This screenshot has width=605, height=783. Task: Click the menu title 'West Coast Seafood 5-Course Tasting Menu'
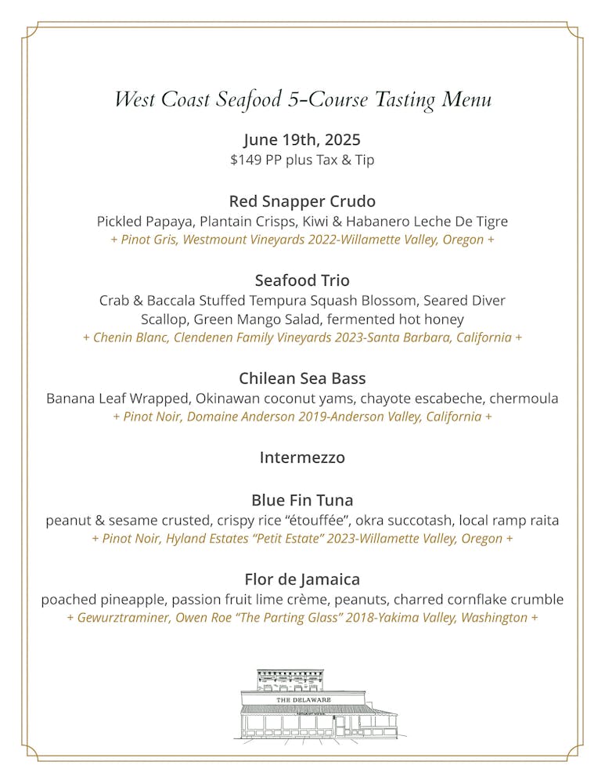coord(302,100)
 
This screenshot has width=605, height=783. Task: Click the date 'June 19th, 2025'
coord(302,140)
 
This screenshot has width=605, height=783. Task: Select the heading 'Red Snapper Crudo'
coord(302,201)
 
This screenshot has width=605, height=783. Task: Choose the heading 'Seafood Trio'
coord(302,280)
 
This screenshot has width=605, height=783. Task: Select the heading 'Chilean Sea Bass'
coord(302,379)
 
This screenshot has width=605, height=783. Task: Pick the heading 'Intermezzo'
coord(302,458)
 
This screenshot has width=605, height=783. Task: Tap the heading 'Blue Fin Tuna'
coord(302,500)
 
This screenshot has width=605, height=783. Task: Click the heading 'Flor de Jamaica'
coord(302,580)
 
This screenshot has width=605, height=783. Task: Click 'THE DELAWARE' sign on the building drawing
coord(303,699)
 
